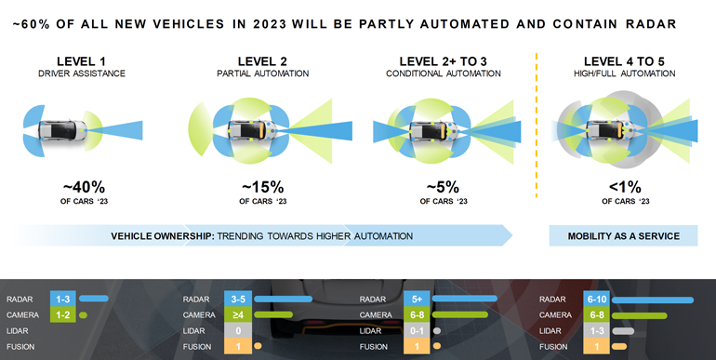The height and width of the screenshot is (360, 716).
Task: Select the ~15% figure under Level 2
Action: click(x=262, y=186)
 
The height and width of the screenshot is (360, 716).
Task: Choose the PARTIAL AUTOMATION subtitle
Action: click(x=262, y=73)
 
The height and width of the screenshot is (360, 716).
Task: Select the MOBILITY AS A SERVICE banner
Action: click(x=624, y=236)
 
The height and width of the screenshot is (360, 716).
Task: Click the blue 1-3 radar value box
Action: click(x=63, y=300)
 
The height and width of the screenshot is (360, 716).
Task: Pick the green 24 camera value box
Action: click(x=237, y=315)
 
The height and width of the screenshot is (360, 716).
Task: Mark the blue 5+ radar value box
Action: click(x=417, y=300)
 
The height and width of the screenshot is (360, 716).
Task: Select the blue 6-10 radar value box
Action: click(x=595, y=300)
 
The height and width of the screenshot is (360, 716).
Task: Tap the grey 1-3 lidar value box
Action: click(x=595, y=331)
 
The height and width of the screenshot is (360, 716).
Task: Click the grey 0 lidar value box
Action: click(x=237, y=331)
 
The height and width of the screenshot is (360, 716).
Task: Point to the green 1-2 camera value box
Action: click(x=63, y=315)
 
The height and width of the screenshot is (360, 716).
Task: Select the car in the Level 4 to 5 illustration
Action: click(x=609, y=127)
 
